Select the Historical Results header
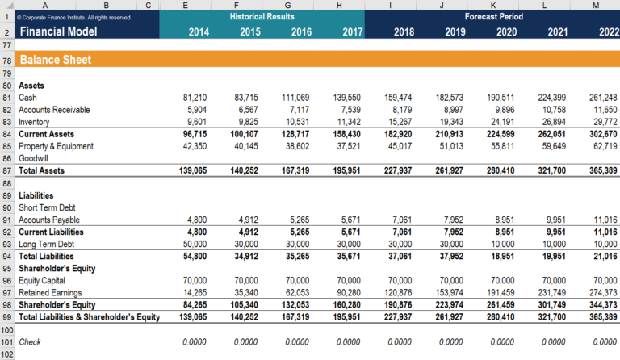262,16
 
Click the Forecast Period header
493,16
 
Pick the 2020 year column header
506,32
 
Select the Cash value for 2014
195,97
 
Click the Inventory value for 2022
603,122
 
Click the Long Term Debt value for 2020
504,244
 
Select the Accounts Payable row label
49,220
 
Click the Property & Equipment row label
56,146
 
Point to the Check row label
30,341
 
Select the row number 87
6,171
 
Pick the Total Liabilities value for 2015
245,256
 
